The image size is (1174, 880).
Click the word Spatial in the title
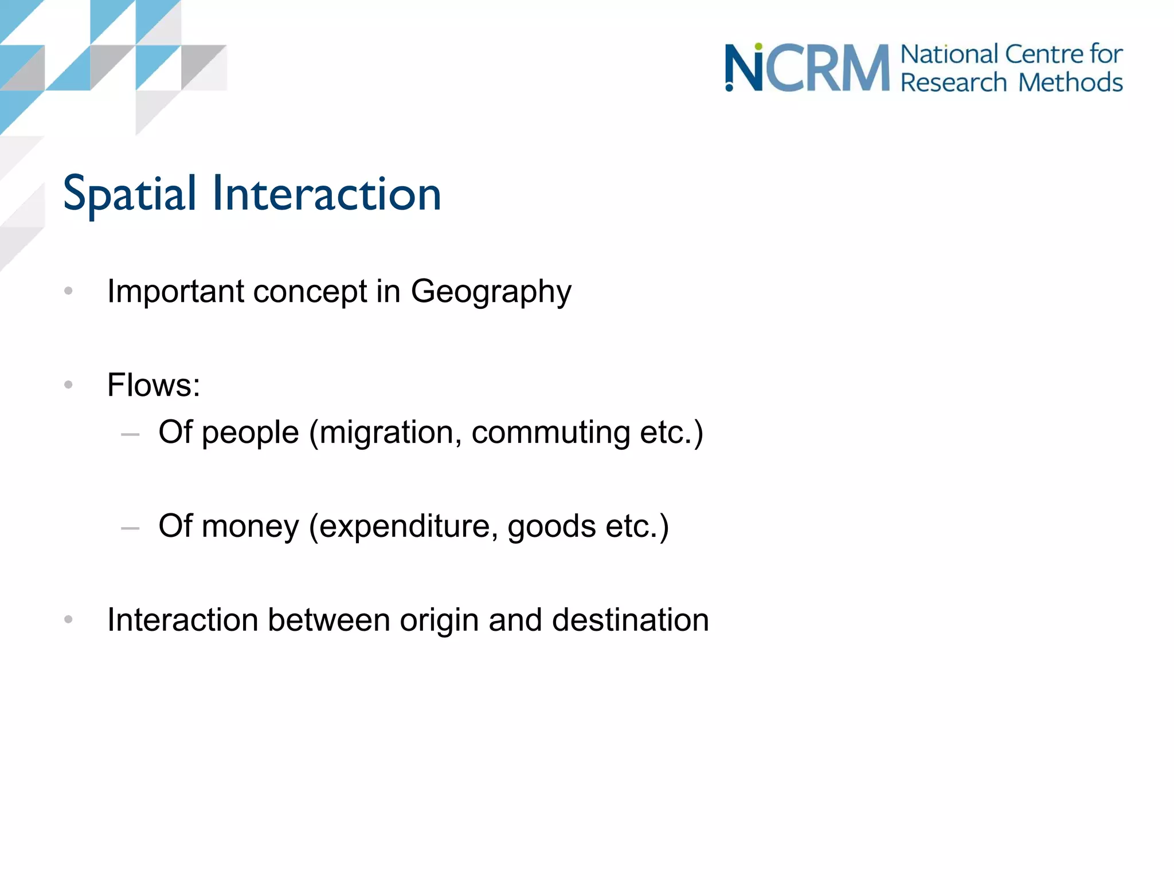tap(130, 195)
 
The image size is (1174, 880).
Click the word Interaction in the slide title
tap(327, 195)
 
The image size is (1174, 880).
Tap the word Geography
tap(491, 292)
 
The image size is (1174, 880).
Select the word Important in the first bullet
tap(175, 292)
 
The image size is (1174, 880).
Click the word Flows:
tap(154, 385)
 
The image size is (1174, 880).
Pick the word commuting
tap(550, 433)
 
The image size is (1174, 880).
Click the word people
tap(251, 433)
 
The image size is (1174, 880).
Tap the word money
tap(251, 527)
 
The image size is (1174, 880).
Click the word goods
tap(551, 527)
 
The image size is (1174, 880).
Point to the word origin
tap(439, 620)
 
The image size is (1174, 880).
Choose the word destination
tap(630, 620)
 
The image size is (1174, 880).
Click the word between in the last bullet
tap(329, 620)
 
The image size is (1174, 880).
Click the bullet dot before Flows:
tap(69, 385)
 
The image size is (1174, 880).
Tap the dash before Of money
tap(131, 529)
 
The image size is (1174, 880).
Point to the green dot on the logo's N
tap(758, 46)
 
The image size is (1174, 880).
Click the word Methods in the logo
tap(1070, 82)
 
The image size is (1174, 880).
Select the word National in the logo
tap(949, 55)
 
